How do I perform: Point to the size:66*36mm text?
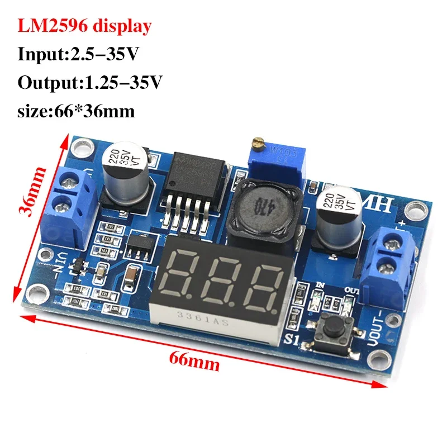(77, 111)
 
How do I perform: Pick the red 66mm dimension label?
(195, 364)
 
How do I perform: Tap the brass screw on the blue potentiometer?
(258, 144)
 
